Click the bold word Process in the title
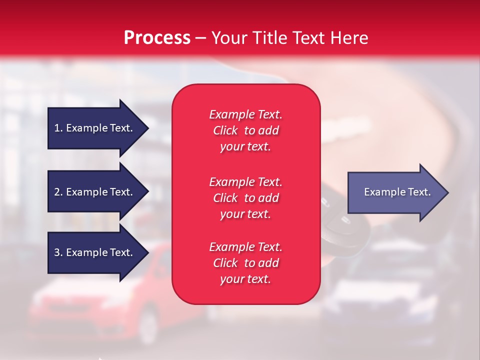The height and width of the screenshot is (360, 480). point(157,38)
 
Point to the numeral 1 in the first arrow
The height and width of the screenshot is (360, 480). point(57,128)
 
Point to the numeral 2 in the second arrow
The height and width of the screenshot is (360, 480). point(57,192)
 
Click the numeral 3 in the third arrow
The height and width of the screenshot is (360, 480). point(57,252)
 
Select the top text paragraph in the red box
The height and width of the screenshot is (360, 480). point(245,130)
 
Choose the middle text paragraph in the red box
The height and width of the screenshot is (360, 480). point(245,197)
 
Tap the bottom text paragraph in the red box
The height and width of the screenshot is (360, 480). point(245,263)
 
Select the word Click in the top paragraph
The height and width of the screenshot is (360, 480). point(225,130)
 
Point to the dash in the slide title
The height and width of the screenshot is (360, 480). point(200,38)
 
